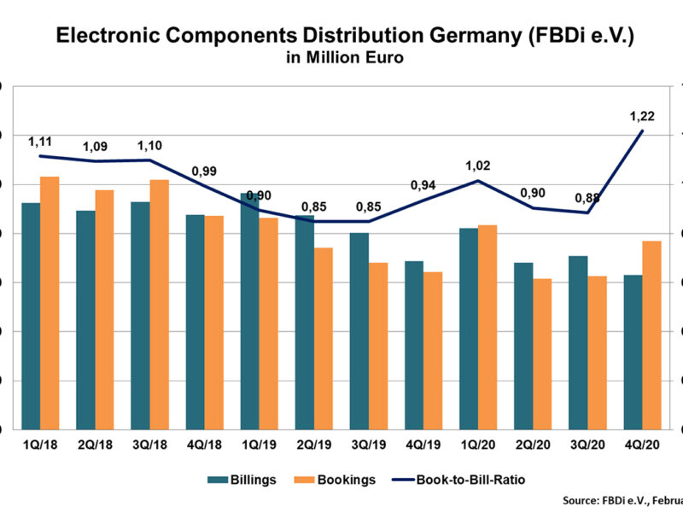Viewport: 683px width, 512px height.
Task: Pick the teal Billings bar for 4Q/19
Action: pyautogui.click(x=414, y=345)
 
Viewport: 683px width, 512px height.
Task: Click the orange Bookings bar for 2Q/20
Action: pyautogui.click(x=542, y=353)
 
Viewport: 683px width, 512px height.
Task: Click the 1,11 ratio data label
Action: pyautogui.click(x=42, y=141)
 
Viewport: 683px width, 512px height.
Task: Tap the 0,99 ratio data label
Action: pyautogui.click(x=205, y=172)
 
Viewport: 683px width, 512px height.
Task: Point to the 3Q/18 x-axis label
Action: pyautogui.click(x=149, y=444)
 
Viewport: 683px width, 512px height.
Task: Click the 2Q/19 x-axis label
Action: pyautogui.click(x=313, y=444)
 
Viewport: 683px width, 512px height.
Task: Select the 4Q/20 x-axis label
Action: pyautogui.click(x=642, y=444)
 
